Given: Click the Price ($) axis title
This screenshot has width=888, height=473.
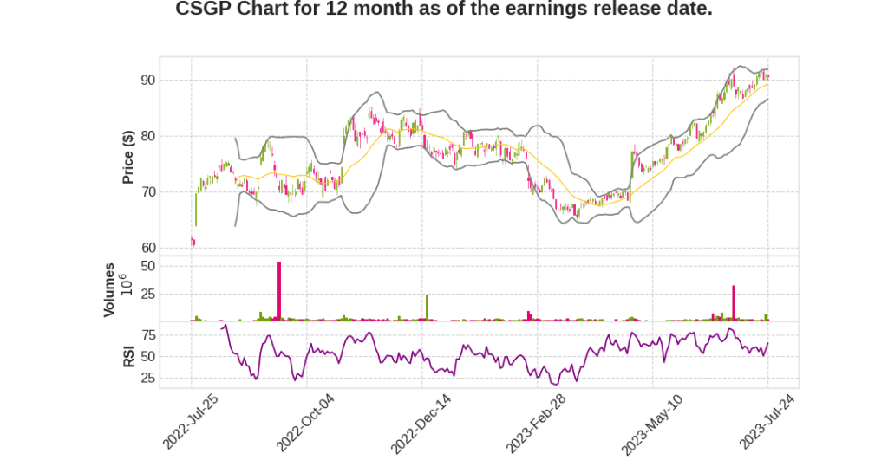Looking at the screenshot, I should (x=127, y=157).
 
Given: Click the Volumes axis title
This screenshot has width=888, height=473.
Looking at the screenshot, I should (x=109, y=289).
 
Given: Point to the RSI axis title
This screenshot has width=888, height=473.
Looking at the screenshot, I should (x=127, y=355).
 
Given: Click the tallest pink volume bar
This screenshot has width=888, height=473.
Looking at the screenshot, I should (x=279, y=291).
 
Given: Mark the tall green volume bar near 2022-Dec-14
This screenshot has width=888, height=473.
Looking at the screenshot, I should (x=427, y=308).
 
